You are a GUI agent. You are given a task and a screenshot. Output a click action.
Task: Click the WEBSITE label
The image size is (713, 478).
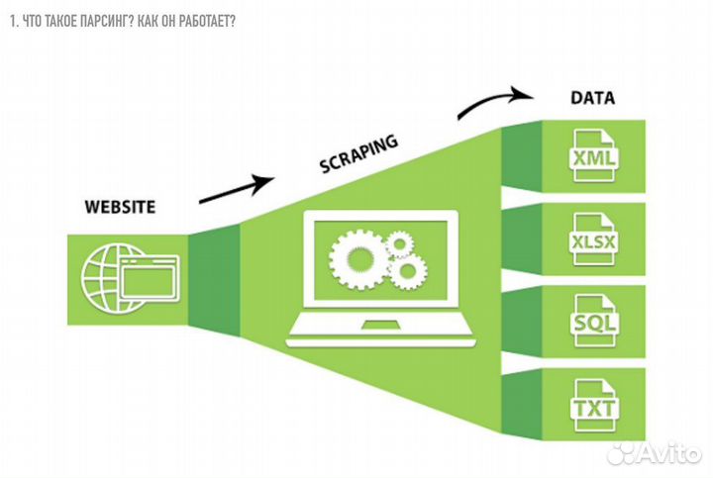click(120, 208)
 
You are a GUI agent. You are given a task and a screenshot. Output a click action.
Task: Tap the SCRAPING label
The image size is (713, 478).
click(358, 153)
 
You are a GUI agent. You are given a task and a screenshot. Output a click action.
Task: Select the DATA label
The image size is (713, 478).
click(592, 98)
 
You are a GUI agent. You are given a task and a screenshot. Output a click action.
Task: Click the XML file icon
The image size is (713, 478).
click(592, 155)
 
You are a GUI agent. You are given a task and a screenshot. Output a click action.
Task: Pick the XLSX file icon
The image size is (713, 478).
click(592, 241)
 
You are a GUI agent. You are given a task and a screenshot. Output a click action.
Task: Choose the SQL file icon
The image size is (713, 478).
click(592, 322)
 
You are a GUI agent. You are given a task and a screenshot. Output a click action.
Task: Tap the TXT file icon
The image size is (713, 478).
click(592, 406)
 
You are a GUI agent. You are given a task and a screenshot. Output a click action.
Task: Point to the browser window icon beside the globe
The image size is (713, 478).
click(147, 276)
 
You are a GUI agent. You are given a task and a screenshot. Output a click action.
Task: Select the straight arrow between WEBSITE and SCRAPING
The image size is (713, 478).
click(236, 189)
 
